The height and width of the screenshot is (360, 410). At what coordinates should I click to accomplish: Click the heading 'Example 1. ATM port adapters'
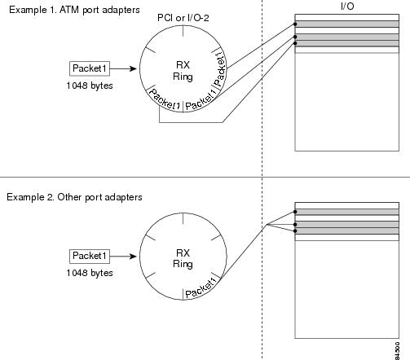[x=74, y=10]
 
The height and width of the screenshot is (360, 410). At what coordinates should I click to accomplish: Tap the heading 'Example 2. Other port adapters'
[x=74, y=197]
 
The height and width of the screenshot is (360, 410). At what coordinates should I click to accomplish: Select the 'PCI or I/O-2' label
[x=183, y=18]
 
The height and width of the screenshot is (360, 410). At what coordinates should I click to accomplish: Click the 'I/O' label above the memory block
[x=347, y=6]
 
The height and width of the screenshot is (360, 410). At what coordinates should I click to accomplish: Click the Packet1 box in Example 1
[x=90, y=68]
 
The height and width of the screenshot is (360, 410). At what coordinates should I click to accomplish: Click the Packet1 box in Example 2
[x=90, y=256]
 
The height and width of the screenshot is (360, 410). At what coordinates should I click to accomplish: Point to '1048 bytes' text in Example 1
[x=90, y=86]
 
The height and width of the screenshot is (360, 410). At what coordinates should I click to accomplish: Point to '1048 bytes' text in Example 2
[x=90, y=273]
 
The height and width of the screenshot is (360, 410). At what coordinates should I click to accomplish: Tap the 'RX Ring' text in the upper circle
[x=183, y=71]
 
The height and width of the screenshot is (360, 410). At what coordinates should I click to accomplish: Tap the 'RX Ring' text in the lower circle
[x=183, y=258]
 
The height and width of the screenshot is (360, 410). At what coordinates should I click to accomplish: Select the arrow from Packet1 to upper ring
[x=123, y=68]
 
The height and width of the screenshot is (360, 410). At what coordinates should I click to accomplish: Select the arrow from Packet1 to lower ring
[x=123, y=257]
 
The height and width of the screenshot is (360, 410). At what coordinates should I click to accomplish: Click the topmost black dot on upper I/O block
[x=295, y=24]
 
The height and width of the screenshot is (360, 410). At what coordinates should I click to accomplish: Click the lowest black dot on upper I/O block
[x=295, y=43]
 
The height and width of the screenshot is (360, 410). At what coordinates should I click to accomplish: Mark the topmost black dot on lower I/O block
[x=295, y=212]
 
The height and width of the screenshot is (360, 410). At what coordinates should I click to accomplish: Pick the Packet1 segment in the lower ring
[x=201, y=288]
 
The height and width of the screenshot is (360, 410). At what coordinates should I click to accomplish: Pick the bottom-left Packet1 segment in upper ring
[x=165, y=99]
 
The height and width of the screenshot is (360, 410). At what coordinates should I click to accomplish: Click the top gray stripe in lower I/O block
[x=347, y=212]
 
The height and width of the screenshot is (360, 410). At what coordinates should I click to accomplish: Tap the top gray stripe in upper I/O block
[x=347, y=24]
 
